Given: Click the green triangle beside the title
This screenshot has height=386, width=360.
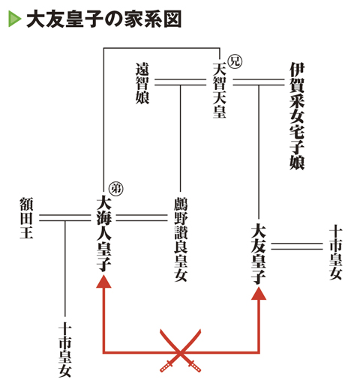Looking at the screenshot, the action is (14, 19).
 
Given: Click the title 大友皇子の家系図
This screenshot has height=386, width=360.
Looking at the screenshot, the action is (103, 19).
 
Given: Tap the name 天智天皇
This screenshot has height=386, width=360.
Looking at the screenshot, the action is (219, 90).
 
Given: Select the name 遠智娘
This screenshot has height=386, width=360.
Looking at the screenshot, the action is (142, 83).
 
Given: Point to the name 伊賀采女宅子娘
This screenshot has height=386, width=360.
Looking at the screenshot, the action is (297, 116).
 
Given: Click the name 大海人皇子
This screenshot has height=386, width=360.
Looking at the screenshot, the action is (103, 235).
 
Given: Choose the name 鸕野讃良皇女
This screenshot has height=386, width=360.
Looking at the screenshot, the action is (181, 239).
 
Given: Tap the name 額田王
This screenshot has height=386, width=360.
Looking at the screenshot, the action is (26, 218).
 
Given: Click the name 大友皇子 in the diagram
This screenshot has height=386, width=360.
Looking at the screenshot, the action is (258, 254).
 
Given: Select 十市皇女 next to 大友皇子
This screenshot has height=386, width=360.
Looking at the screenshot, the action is (335, 253).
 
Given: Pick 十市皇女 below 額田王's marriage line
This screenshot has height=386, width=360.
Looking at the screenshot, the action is (65, 350).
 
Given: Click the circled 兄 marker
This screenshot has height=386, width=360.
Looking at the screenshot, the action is (235, 61).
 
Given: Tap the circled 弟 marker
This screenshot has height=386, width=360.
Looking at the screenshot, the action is (115, 189).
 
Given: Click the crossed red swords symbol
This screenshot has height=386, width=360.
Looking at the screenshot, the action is (181, 351).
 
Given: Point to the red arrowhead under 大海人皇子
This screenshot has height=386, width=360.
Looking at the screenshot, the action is (103, 281).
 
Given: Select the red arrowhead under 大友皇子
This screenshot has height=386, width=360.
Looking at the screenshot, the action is (259, 293).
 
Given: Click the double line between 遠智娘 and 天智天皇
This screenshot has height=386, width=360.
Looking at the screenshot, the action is (181, 82).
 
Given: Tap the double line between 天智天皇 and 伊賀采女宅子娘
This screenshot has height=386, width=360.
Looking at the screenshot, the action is (259, 82).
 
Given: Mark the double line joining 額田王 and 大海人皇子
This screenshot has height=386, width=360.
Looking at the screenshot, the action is (65, 217).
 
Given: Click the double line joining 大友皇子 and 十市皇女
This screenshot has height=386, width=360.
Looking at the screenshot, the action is (297, 246).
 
